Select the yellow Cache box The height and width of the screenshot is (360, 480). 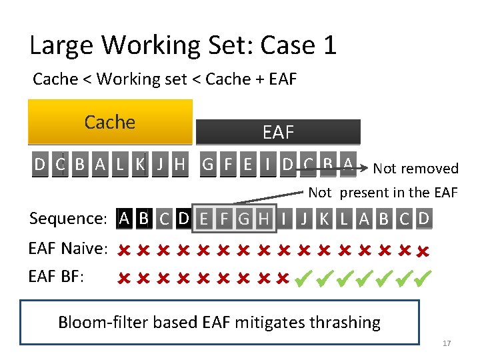[x=110, y=122]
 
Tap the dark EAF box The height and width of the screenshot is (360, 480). [x=278, y=132]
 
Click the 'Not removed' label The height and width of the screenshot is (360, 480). [x=416, y=169]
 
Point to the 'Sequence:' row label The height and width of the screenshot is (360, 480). [x=69, y=219]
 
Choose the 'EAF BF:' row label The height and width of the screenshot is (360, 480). [x=57, y=275]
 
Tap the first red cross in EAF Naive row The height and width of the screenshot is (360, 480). [x=123, y=250]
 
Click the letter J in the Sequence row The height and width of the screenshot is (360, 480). [x=304, y=218]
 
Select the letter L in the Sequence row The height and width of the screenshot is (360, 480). [x=344, y=218]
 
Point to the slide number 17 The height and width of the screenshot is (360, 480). [x=447, y=343]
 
